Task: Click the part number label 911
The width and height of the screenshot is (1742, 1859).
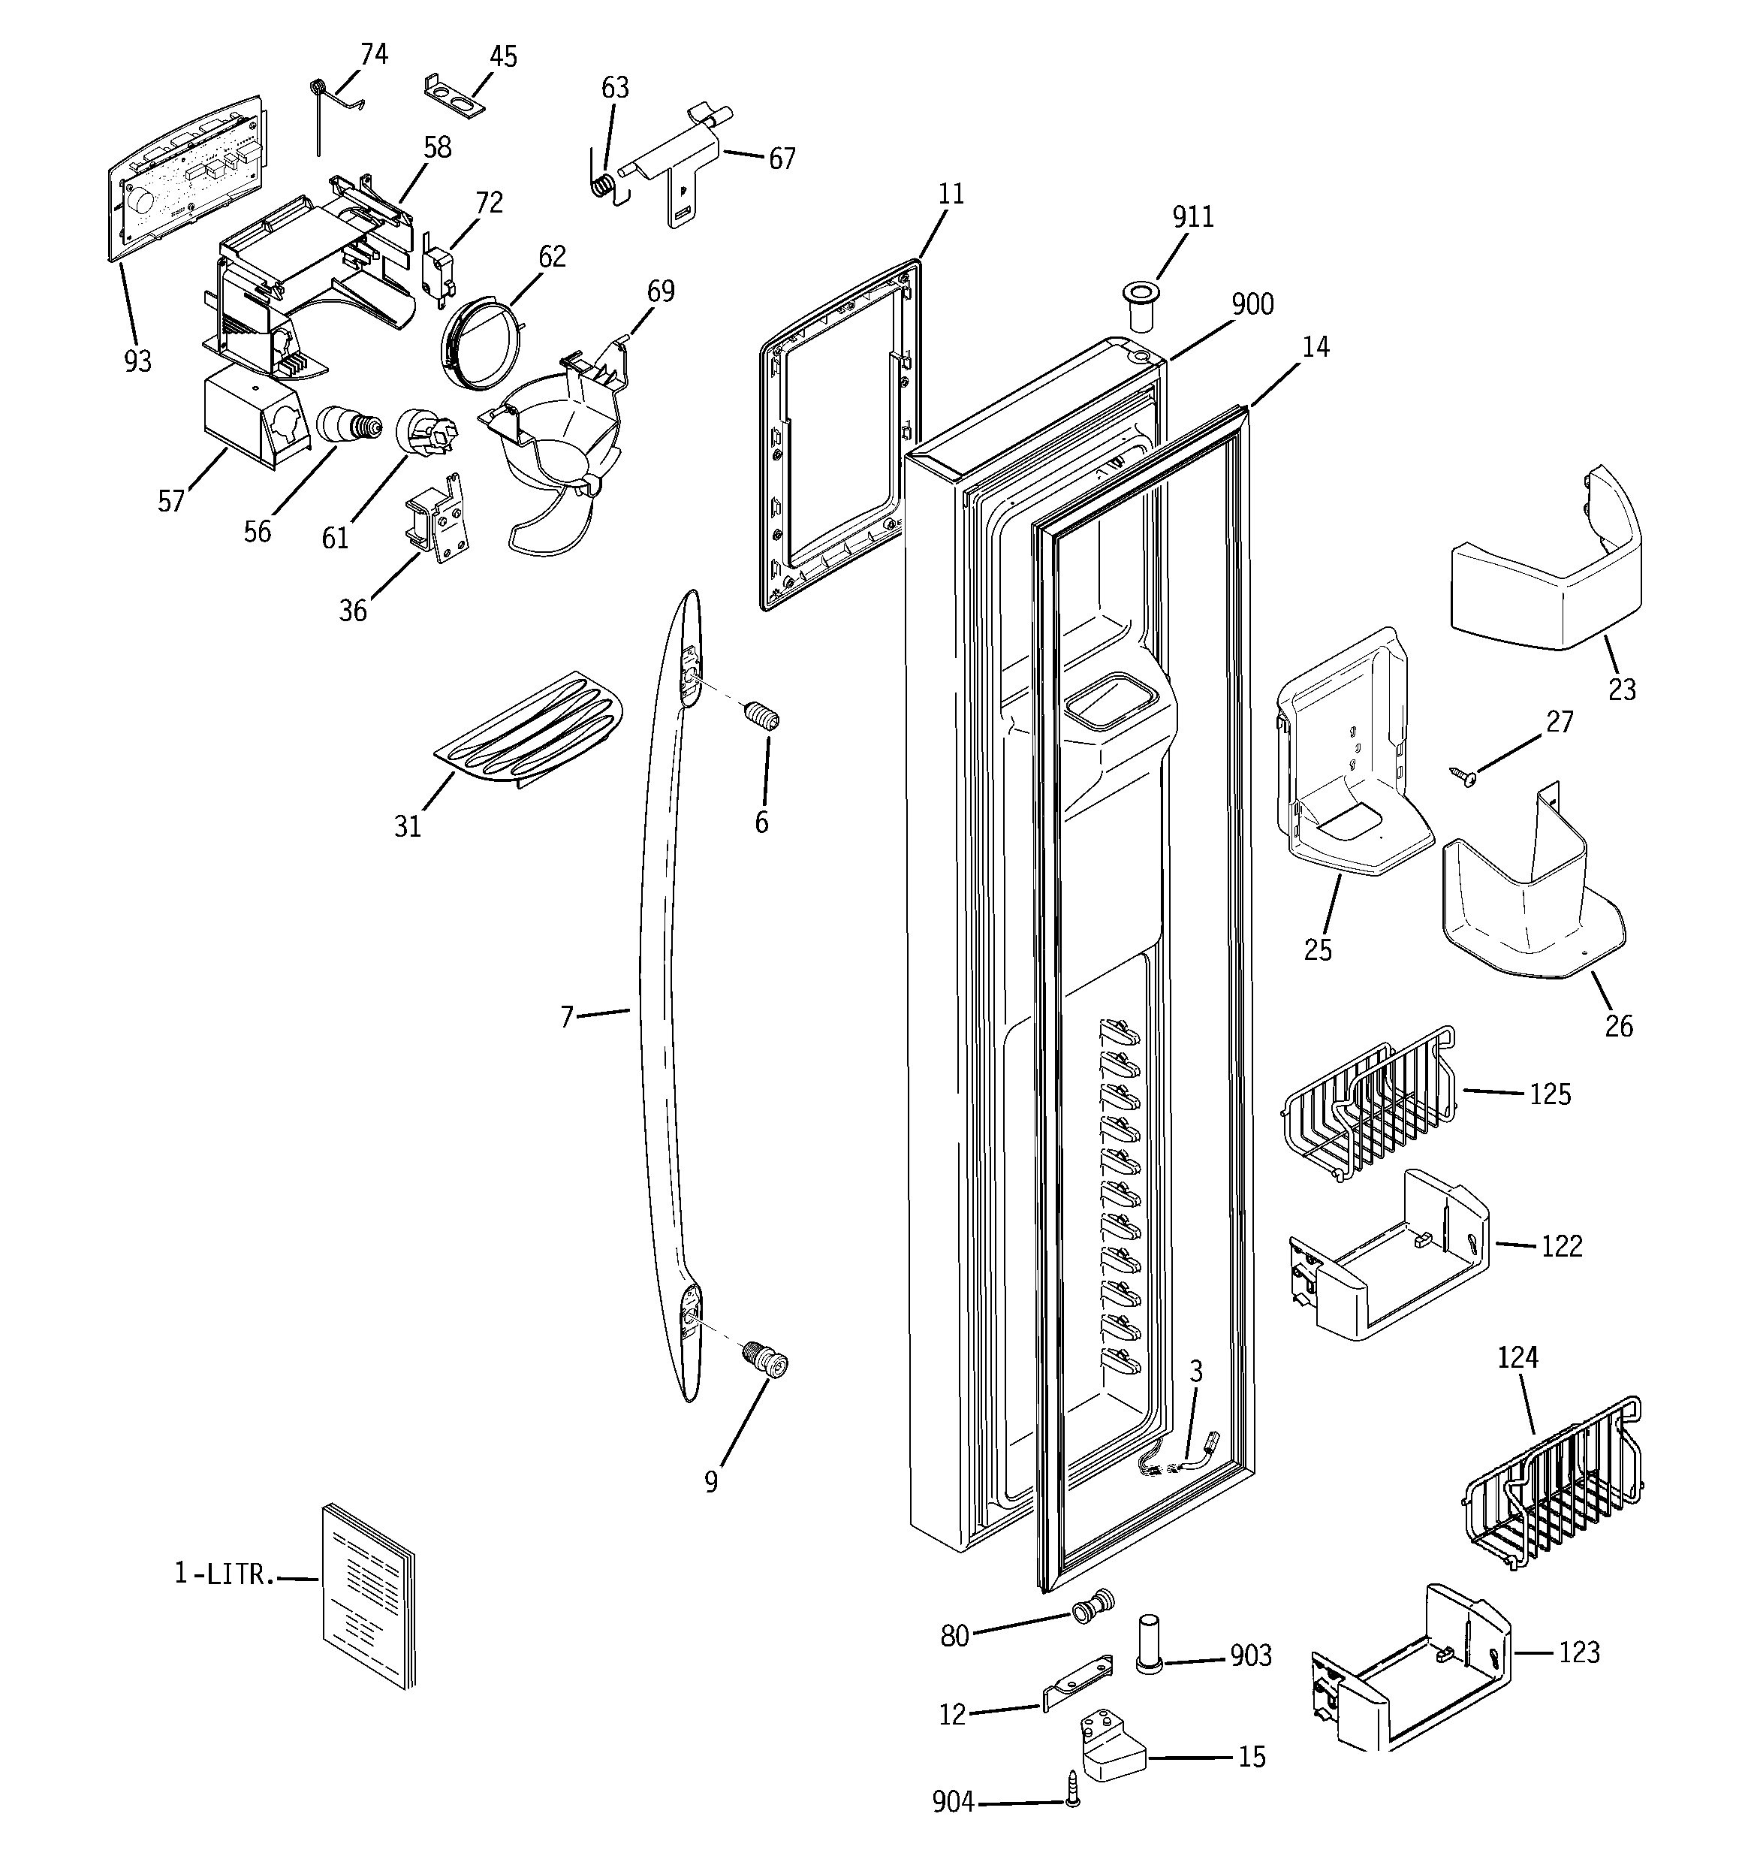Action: click(x=1192, y=217)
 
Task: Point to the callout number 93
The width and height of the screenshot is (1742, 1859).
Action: click(x=137, y=361)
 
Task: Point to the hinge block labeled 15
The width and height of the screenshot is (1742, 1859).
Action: click(x=1112, y=1745)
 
